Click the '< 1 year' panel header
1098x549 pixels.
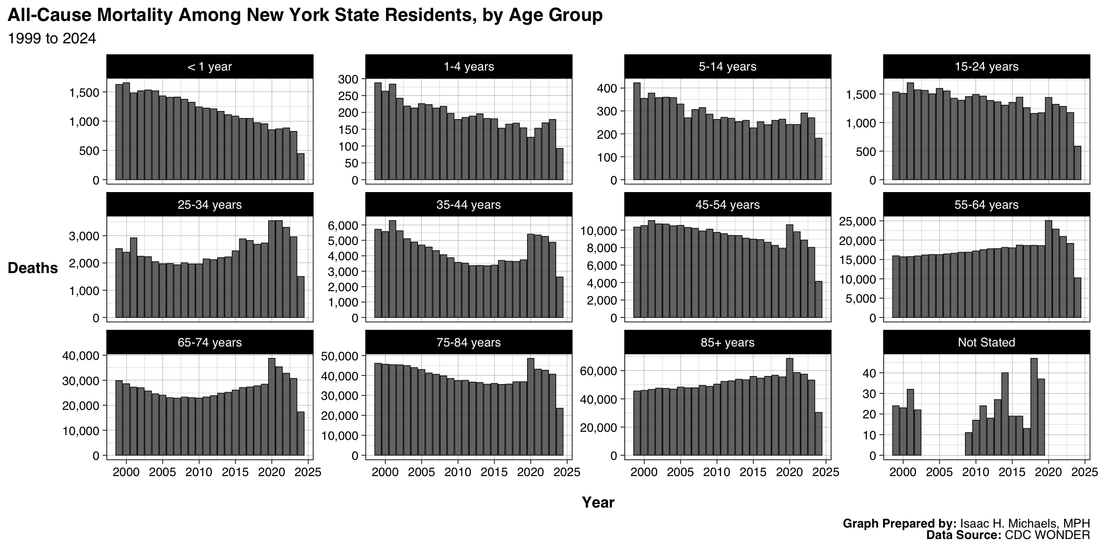coord(210,66)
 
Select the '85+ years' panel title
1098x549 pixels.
coord(727,342)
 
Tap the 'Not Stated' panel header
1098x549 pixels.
coord(986,342)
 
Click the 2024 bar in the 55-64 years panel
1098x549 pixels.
coord(1078,297)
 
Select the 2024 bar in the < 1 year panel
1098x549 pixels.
coord(301,167)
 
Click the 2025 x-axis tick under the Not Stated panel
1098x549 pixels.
coord(1085,472)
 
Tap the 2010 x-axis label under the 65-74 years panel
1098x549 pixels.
coord(199,472)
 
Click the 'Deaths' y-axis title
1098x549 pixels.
coord(33,268)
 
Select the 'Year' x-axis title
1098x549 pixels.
coord(598,502)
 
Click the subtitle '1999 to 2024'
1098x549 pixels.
coord(52,39)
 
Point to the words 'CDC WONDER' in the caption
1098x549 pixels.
coord(1047,535)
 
